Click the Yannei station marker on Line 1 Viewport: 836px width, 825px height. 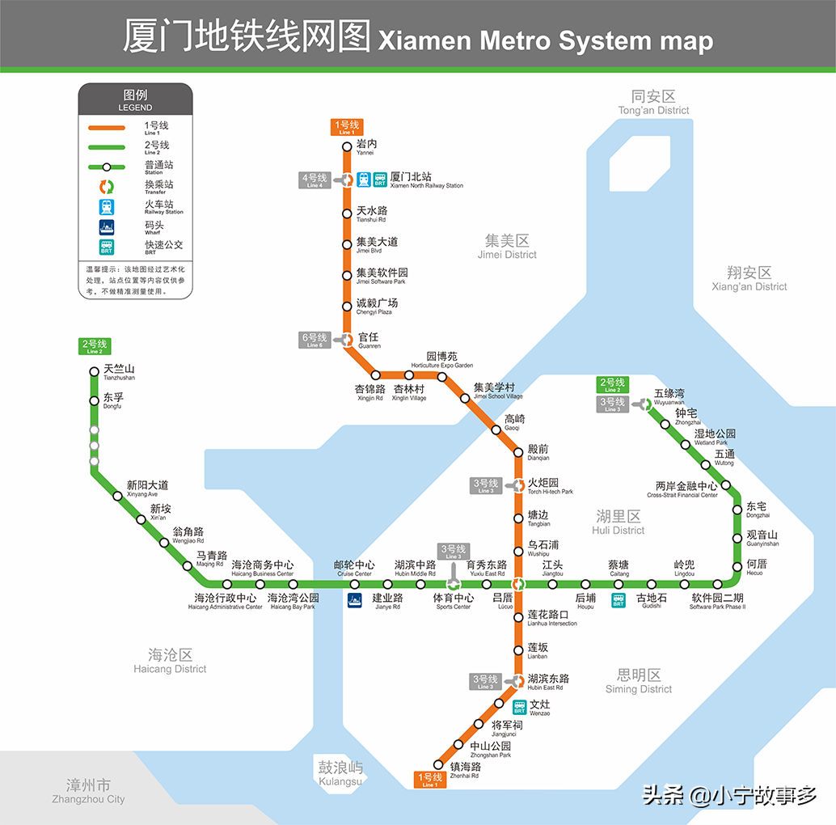click(345, 147)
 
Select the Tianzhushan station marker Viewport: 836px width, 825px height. click(95, 372)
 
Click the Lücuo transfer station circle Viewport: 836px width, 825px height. click(519, 584)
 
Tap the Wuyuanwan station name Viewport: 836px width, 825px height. click(669, 396)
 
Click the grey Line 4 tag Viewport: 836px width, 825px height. click(314, 180)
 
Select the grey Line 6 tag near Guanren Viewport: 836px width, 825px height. click(314, 340)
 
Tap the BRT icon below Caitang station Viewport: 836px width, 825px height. click(619, 600)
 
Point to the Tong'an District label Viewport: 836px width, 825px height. click(653, 102)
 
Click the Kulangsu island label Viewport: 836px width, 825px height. click(340, 773)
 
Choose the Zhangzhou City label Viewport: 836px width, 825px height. click(88, 791)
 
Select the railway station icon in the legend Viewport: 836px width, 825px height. click(107, 207)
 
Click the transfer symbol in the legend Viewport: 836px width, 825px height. click(107, 187)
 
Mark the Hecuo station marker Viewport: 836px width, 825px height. click(737, 567)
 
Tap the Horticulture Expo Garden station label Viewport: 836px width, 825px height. click(442, 360)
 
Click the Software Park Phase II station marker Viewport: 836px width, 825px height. click(717, 584)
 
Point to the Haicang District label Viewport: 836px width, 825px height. click(170, 660)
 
